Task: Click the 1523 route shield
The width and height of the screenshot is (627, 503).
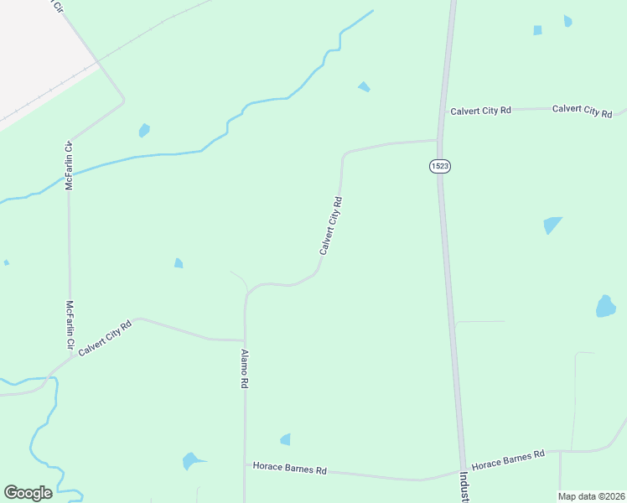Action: (x=440, y=166)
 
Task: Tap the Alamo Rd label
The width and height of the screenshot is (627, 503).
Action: (x=245, y=368)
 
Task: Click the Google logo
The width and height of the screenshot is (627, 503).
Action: (x=28, y=493)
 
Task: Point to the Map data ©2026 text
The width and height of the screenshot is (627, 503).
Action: (x=591, y=496)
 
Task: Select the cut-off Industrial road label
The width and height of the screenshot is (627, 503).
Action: (x=464, y=487)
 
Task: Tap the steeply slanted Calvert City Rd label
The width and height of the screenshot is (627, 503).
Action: (x=331, y=226)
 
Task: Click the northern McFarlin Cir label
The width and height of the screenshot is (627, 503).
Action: (x=70, y=165)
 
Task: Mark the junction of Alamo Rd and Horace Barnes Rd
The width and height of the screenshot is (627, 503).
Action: (x=245, y=463)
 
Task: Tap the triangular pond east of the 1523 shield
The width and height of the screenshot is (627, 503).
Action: (x=552, y=225)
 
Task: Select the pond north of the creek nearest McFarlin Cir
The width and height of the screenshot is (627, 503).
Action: (x=144, y=130)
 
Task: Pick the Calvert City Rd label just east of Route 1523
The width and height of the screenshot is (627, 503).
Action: (x=480, y=111)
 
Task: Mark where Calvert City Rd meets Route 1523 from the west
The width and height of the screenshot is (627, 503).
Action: (x=438, y=140)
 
